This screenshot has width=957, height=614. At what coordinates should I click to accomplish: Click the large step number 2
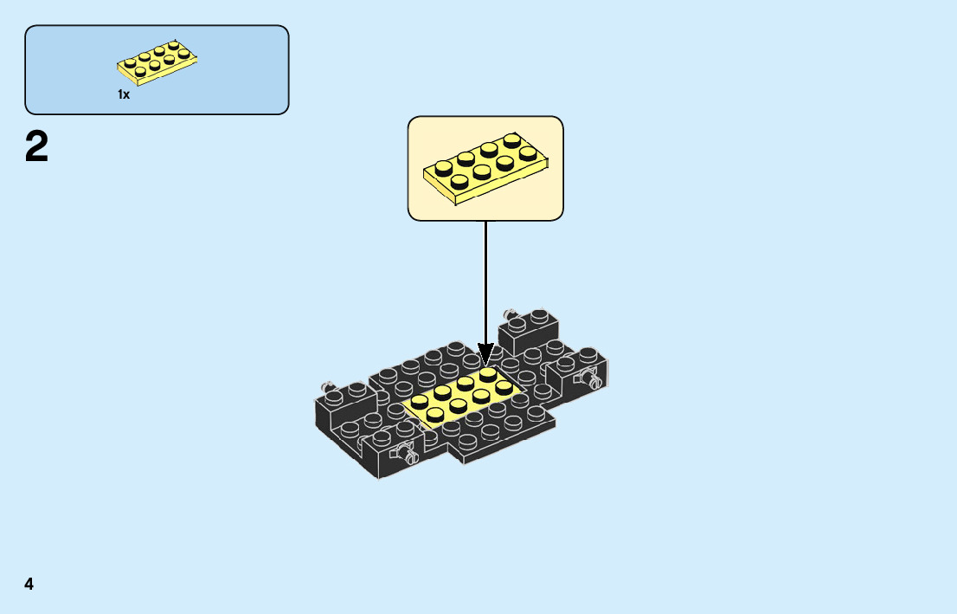coord(37,147)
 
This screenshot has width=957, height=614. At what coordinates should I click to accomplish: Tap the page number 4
coord(29,584)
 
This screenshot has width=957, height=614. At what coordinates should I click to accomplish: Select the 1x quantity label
coord(124,94)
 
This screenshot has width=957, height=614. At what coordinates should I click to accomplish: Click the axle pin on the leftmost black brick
coord(328,386)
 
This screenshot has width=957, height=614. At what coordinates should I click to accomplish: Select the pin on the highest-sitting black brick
coord(511,313)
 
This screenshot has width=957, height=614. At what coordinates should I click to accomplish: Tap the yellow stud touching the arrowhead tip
coord(489,373)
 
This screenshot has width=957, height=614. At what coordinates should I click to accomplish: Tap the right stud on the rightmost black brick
coord(588,354)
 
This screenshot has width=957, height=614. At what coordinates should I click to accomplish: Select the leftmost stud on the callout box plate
coord(443,167)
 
